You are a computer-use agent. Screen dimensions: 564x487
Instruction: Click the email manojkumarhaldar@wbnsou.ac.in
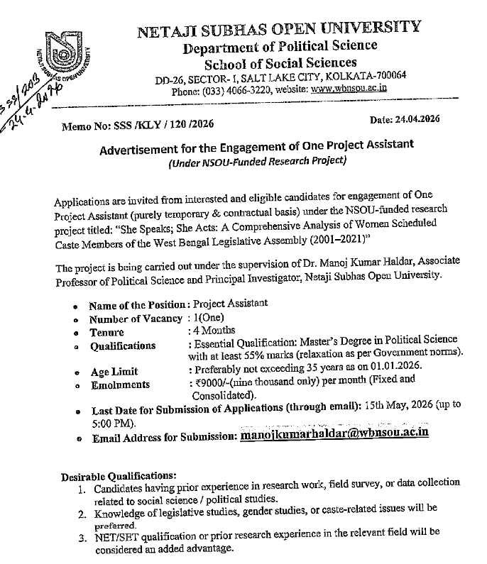(x=334, y=432)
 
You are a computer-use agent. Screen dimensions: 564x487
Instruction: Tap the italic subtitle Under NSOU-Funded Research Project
(x=257, y=160)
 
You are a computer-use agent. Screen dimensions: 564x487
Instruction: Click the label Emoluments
(x=120, y=385)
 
